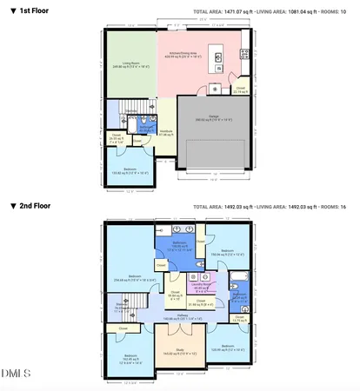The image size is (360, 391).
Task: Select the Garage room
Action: click(212, 119)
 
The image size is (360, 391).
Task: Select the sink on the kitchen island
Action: click(217, 58)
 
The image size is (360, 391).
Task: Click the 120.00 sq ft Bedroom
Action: click(228, 349)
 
